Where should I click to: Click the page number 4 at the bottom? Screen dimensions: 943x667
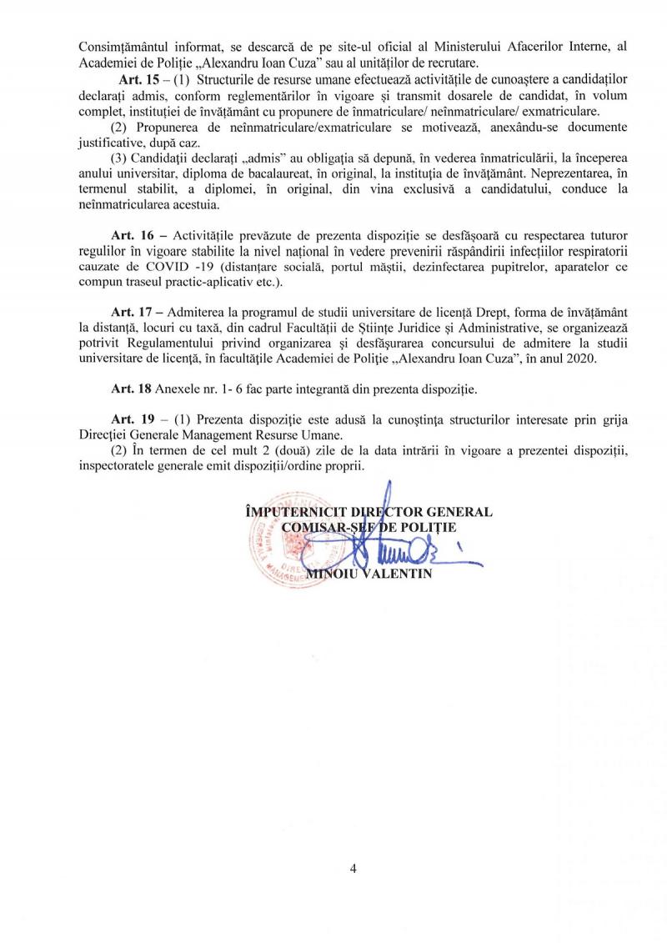pyautogui.click(x=354, y=869)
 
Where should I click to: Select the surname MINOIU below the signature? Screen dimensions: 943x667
pyautogui.click(x=332, y=574)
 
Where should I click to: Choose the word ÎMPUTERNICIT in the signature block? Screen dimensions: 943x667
pyautogui.click(x=288, y=510)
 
